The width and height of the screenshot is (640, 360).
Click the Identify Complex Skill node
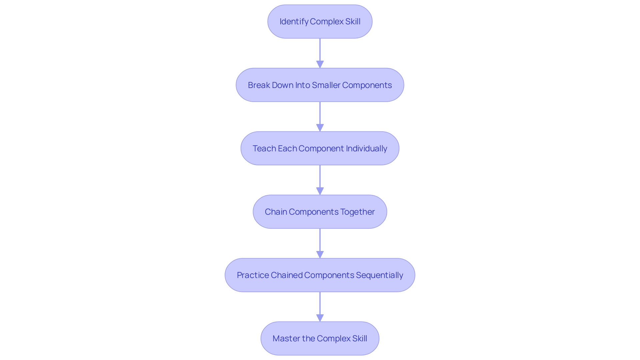(x=320, y=22)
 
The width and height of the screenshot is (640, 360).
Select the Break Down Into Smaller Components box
(x=320, y=85)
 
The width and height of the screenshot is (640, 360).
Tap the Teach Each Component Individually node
(x=320, y=148)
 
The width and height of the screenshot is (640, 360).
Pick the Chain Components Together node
(x=320, y=212)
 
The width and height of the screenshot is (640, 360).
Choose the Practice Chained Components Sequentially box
(x=320, y=275)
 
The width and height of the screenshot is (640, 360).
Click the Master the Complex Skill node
(x=320, y=338)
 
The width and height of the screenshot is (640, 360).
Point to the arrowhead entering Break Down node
(x=320, y=64)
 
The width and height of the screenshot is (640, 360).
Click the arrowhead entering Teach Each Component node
(x=320, y=128)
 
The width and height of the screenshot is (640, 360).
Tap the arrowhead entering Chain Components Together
(x=320, y=191)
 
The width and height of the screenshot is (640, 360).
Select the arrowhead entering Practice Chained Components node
(x=320, y=254)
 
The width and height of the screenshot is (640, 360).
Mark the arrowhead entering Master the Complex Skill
(x=320, y=318)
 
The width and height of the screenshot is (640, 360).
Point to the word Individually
(x=366, y=148)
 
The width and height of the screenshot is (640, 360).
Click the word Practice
(x=253, y=275)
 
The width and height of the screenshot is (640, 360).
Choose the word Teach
(x=264, y=148)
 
